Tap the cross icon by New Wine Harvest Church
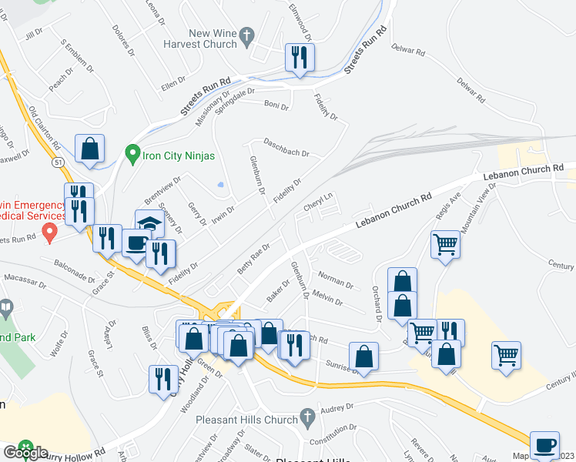(x=247, y=35)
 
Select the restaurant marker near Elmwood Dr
(x=300, y=58)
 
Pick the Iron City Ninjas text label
(x=178, y=155)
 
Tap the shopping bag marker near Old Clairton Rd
(x=90, y=149)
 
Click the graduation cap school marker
(x=149, y=224)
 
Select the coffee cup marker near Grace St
(x=136, y=243)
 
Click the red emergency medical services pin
(x=51, y=230)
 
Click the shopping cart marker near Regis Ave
(x=445, y=246)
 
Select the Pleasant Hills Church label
(x=246, y=420)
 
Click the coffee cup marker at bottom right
(x=545, y=445)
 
